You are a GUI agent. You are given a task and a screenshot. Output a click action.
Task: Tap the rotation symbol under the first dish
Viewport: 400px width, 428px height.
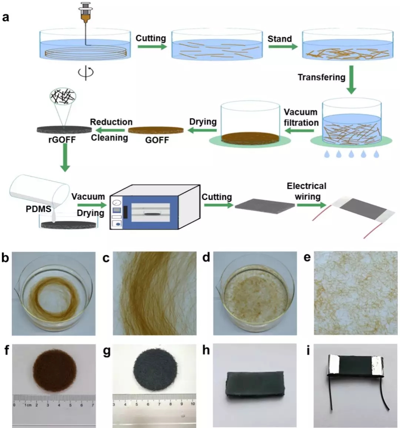86,71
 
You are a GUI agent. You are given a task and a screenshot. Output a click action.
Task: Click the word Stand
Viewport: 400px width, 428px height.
280,39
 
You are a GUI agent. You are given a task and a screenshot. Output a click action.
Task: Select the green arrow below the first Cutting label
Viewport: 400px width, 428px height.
151,47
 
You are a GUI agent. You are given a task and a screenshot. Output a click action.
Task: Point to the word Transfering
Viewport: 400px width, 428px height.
321,77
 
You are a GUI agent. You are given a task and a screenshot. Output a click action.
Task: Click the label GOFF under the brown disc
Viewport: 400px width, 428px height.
157,140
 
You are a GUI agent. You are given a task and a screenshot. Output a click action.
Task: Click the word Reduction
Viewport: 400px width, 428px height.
111,122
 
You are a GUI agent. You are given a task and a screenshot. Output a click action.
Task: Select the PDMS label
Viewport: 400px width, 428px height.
39,209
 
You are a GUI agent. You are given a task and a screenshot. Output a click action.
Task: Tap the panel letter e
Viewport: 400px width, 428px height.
307,257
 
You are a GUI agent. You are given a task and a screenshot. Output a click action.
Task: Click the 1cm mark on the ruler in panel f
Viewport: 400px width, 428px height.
27,405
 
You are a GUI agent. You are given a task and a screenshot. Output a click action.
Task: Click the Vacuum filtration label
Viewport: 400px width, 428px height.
301,117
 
